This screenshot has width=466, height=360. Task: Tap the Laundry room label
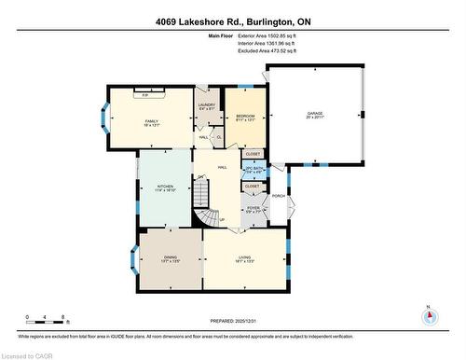click(x=207, y=106)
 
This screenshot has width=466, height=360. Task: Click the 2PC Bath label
click(x=254, y=169)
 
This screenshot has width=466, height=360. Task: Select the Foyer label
click(x=253, y=210)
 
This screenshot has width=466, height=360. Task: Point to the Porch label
click(x=278, y=196)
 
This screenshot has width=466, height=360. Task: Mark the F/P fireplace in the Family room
click(x=144, y=95)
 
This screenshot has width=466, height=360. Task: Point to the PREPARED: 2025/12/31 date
click(x=233, y=322)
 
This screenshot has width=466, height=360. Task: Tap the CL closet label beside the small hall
click(x=218, y=137)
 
